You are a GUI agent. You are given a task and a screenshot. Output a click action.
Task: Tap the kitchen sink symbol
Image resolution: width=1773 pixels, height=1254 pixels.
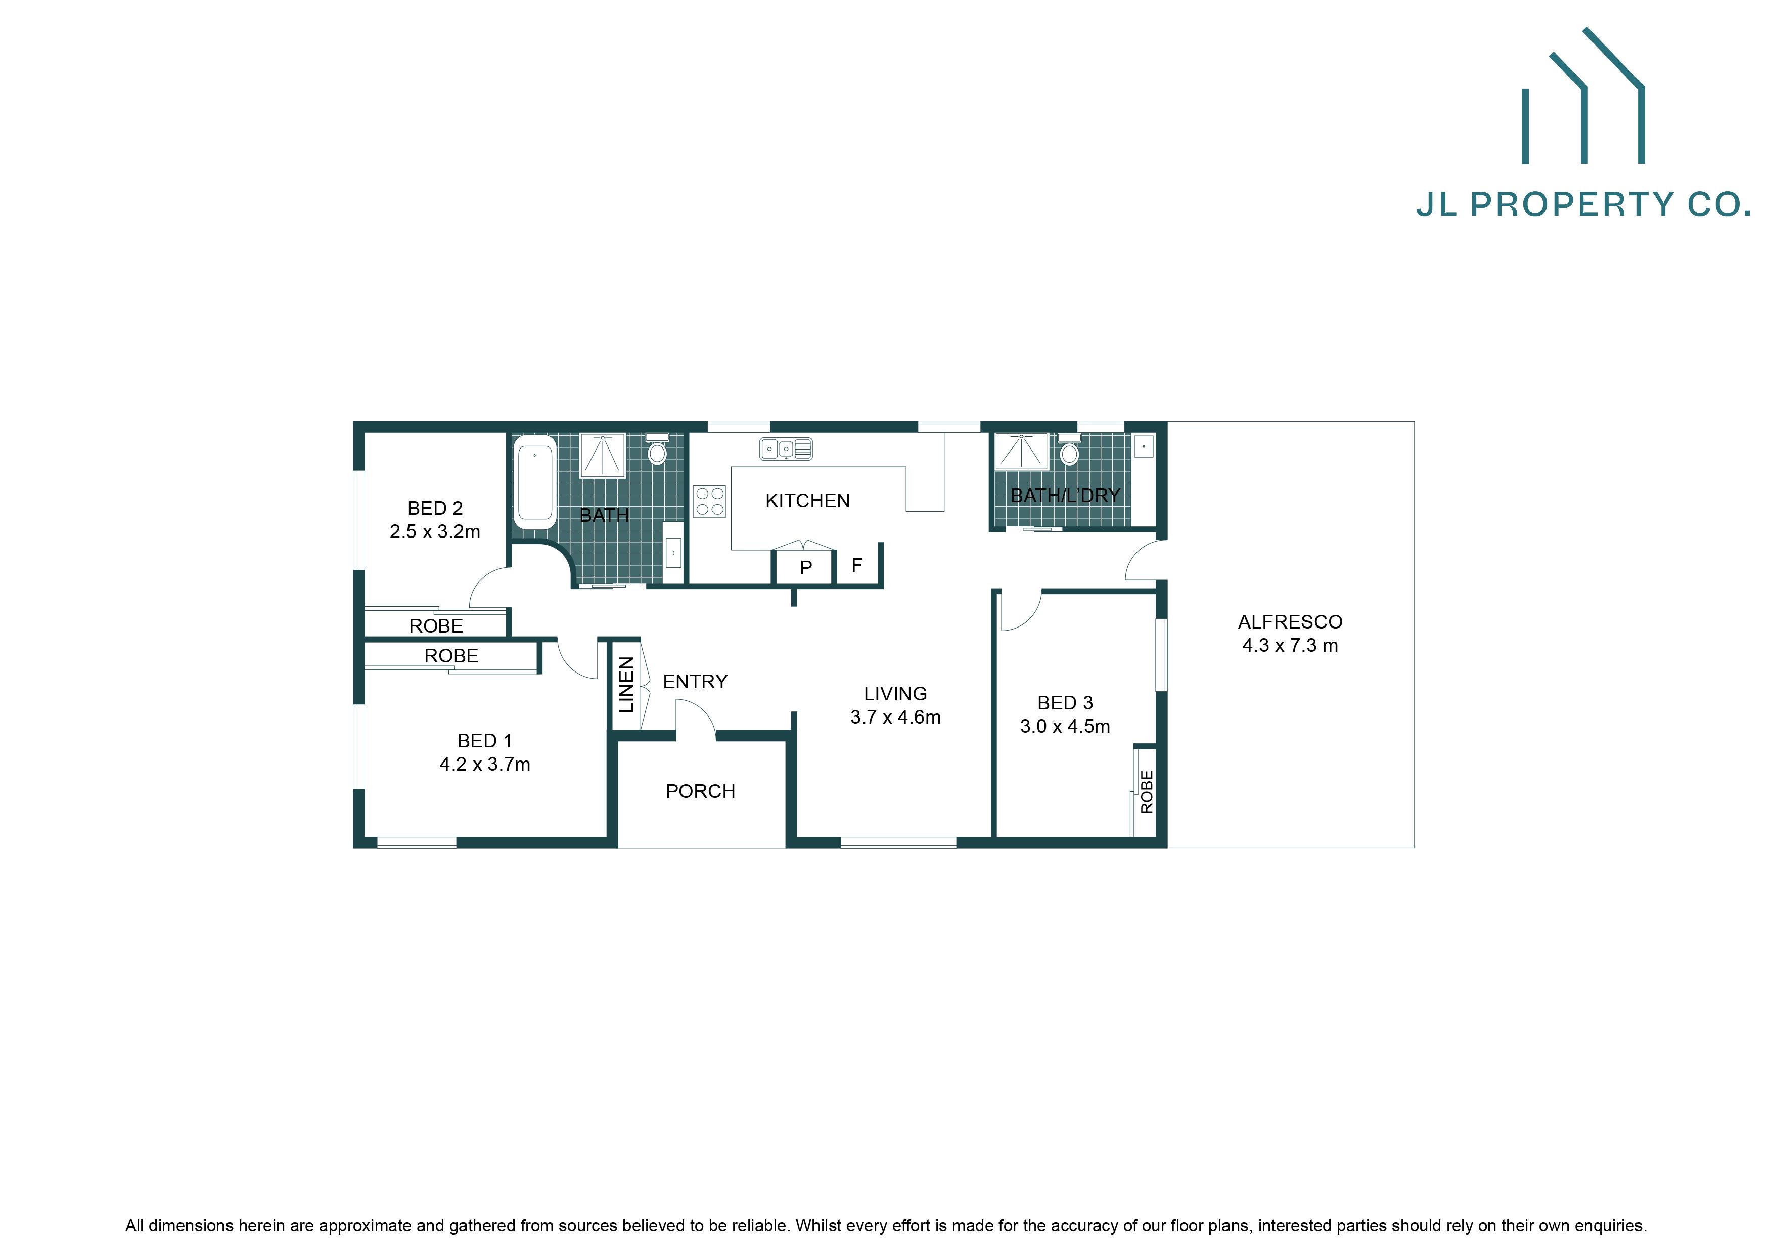785,449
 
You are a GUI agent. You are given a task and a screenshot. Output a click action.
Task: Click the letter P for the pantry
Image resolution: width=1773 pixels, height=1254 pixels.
805,568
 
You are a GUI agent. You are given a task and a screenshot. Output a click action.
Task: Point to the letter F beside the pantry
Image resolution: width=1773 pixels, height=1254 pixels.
856,566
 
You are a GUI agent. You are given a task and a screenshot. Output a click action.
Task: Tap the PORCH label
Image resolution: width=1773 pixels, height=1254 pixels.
700,791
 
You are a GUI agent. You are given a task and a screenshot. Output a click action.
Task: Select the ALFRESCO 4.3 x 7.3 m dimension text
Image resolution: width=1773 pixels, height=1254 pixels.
1290,646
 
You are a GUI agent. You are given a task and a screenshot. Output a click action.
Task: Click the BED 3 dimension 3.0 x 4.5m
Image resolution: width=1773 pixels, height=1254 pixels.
1065,727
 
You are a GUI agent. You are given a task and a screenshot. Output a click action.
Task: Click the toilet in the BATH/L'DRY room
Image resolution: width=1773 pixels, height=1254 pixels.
1070,451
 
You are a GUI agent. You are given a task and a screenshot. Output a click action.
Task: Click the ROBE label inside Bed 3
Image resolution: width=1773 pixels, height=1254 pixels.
1147,791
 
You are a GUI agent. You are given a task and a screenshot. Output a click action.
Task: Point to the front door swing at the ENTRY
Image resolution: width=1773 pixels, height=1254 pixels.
697,714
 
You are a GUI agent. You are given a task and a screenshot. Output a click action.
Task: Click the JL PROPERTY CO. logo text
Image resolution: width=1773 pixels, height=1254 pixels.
1582,205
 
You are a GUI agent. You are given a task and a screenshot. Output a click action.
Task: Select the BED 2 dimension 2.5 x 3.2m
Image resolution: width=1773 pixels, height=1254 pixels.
435,532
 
